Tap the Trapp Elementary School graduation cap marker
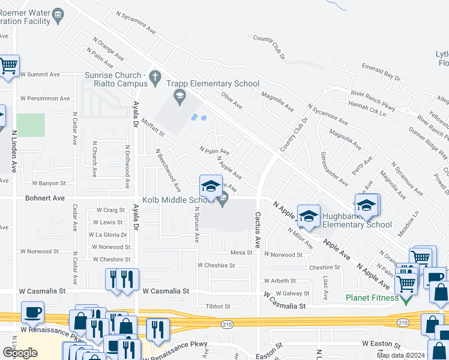[179, 95]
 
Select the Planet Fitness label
[372, 298]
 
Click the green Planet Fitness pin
[406, 298]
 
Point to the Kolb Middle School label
[178, 200]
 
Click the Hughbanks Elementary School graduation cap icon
[309, 217]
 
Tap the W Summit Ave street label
[40, 74]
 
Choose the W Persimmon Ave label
[45, 98]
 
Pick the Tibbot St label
[219, 306]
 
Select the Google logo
[20, 353]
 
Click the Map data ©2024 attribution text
[400, 355]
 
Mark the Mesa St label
[242, 253]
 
